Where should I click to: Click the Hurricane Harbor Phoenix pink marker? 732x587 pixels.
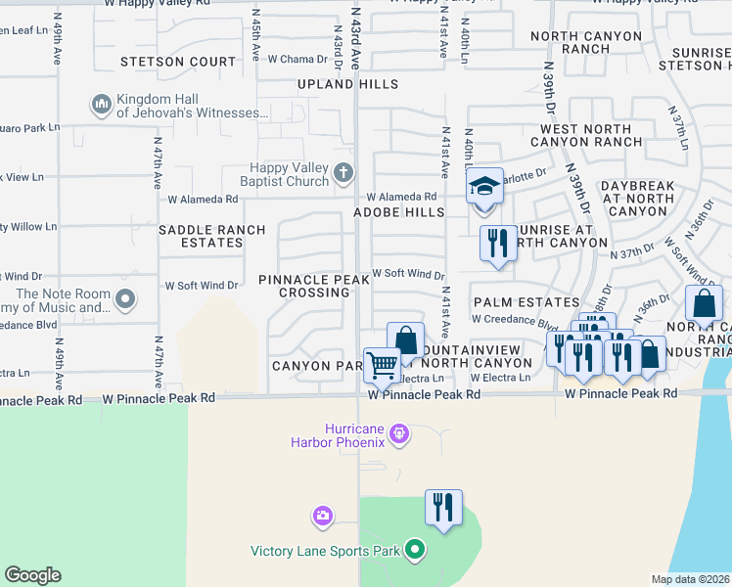click(398, 432)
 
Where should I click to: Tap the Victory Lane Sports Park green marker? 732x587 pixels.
click(414, 551)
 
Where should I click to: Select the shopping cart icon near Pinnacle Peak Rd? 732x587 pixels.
click(382, 365)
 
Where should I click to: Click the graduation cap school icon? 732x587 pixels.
click(483, 185)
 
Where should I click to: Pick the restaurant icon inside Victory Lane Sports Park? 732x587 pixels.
click(443, 507)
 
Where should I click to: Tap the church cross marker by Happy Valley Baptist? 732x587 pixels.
click(343, 173)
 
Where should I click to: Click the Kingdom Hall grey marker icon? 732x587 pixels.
click(102, 104)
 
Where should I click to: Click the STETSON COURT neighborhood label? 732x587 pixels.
click(178, 62)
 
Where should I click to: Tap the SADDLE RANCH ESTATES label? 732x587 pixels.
click(212, 236)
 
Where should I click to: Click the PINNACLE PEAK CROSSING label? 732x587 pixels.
click(314, 286)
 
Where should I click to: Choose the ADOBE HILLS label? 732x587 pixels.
click(398, 212)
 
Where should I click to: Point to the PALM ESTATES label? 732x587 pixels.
click(526, 302)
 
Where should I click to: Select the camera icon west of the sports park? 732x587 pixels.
click(323, 515)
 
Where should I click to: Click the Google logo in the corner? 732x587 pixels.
click(32, 575)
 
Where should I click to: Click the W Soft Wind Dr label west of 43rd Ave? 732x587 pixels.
click(202, 286)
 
